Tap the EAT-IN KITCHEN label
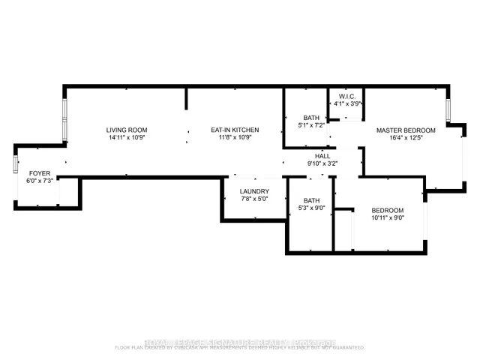(x=235, y=130)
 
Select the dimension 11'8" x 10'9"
(x=235, y=138)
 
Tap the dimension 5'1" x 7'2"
(x=311, y=125)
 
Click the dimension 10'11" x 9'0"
(x=388, y=217)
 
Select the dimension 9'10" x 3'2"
(x=322, y=163)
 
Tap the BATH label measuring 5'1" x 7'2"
(x=311, y=117)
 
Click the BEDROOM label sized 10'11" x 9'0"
(x=388, y=209)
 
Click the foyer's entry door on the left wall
(x=15, y=165)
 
